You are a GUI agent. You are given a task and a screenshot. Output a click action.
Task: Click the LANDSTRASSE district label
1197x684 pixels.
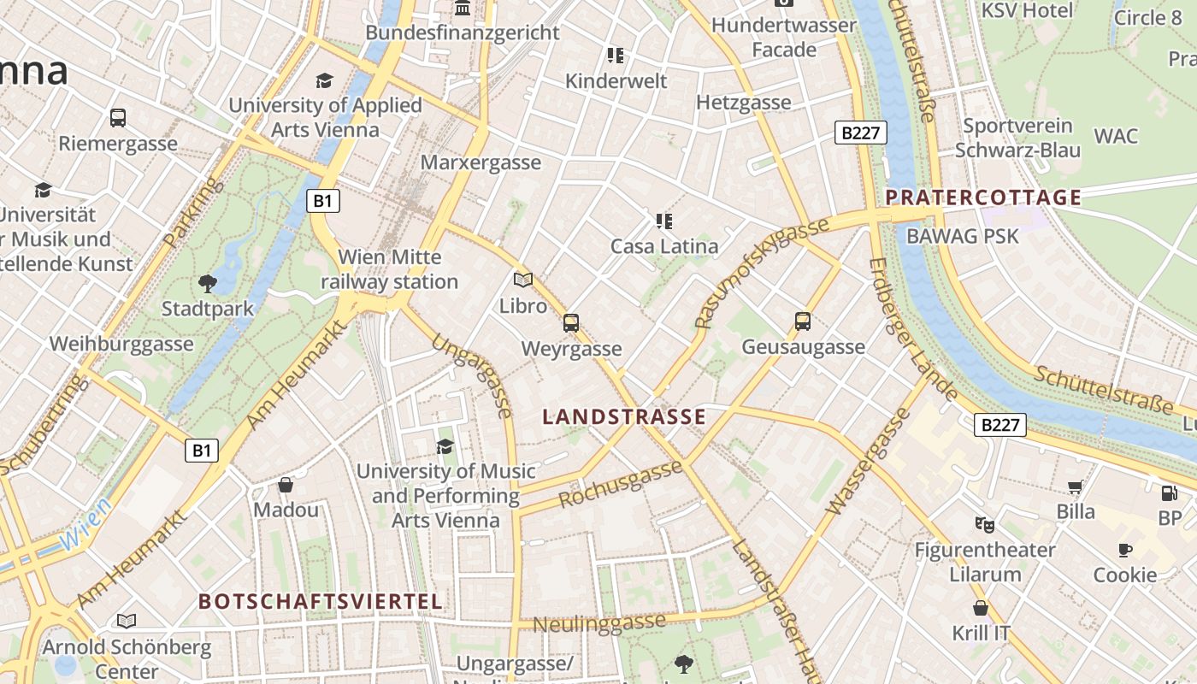(x=624, y=417)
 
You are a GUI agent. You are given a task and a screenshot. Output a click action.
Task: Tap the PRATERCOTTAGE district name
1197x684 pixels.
(x=983, y=198)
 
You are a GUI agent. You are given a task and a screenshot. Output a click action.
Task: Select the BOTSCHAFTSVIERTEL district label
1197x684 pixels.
(x=321, y=601)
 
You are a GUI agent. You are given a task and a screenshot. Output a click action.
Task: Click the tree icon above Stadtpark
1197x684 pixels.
(x=207, y=283)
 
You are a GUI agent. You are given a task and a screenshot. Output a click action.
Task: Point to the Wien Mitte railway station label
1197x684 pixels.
(x=390, y=269)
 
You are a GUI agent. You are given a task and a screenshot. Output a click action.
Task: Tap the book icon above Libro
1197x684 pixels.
(x=522, y=280)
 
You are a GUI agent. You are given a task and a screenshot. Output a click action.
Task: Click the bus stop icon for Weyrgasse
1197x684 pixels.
(x=571, y=323)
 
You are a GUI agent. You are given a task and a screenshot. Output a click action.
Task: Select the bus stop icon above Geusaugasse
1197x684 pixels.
(x=802, y=321)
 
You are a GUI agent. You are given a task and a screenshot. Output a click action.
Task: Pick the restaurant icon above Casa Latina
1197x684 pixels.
(x=663, y=221)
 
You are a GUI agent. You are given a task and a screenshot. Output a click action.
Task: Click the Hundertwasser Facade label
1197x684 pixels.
(x=784, y=38)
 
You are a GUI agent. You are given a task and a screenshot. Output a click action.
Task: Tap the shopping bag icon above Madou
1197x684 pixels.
(x=286, y=485)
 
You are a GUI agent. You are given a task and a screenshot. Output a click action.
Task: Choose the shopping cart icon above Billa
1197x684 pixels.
(x=1075, y=487)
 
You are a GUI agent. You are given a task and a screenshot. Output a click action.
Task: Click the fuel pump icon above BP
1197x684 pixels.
(x=1169, y=493)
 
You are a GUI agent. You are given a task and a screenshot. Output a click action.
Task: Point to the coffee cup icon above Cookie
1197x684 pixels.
(x=1124, y=550)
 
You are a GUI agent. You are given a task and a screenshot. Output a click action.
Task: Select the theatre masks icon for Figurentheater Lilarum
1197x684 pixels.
(x=984, y=523)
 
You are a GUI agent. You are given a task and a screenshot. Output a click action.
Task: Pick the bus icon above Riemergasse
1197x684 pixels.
(x=118, y=118)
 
